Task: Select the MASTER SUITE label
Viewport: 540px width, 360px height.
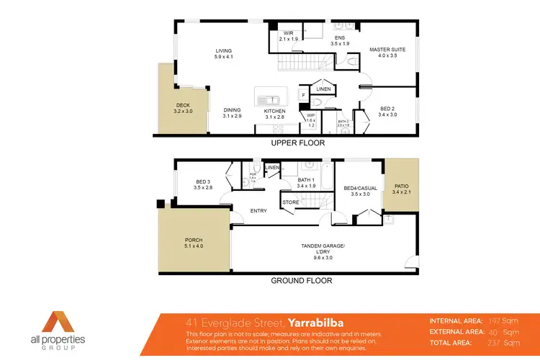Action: (387, 50)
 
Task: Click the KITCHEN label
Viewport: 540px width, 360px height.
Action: (275, 111)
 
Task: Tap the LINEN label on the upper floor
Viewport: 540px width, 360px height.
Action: (325, 89)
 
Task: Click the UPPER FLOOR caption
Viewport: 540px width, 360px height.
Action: (297, 143)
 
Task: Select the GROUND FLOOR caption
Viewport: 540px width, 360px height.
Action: (301, 280)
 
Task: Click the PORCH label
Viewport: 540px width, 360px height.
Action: (194, 240)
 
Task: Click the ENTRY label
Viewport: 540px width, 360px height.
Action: (258, 211)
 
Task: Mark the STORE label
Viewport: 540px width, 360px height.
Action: (291, 202)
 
